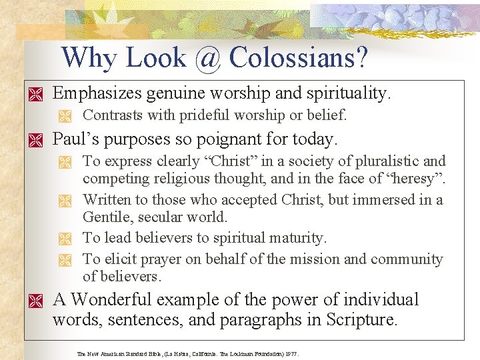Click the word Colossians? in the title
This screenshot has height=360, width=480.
tap(298, 58)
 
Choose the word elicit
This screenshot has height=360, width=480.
tap(117, 259)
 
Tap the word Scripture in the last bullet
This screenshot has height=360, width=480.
tap(361, 319)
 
